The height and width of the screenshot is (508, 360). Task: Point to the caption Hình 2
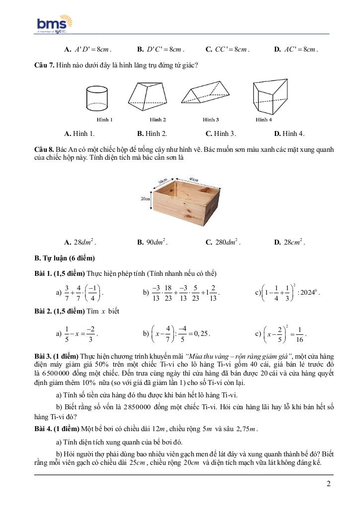158,120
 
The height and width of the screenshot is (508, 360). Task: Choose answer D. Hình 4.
289,133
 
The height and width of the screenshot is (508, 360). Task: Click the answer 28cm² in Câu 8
293,243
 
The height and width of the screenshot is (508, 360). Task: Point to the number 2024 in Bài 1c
308,293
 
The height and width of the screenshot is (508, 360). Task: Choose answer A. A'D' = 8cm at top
88,49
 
